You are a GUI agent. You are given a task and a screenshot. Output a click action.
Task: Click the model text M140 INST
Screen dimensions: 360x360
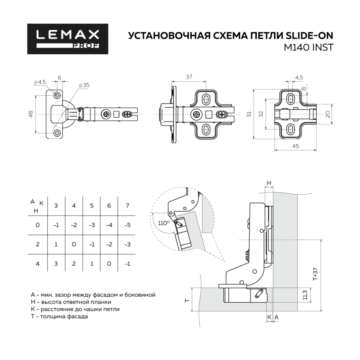pos(308,48)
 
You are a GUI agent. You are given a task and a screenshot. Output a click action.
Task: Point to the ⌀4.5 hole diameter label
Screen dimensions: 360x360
pos(40,82)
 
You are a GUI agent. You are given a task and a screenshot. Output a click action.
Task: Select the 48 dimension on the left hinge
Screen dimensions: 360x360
pos(31,114)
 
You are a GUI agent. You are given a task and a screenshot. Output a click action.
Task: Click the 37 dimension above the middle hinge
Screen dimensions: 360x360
pos(189,77)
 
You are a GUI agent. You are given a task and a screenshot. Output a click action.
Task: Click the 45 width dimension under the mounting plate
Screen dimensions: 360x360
pos(295,146)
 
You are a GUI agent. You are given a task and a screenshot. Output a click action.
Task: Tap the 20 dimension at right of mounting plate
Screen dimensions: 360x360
pos(328,114)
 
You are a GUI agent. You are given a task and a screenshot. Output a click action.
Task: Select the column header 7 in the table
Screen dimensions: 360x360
pos(128,206)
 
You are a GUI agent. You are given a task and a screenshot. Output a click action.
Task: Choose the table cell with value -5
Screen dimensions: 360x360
pos(128,225)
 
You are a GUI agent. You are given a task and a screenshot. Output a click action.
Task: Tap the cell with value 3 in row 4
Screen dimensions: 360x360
pos(56,264)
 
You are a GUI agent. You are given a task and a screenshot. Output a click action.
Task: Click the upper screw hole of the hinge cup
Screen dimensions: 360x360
pos(57,95)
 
